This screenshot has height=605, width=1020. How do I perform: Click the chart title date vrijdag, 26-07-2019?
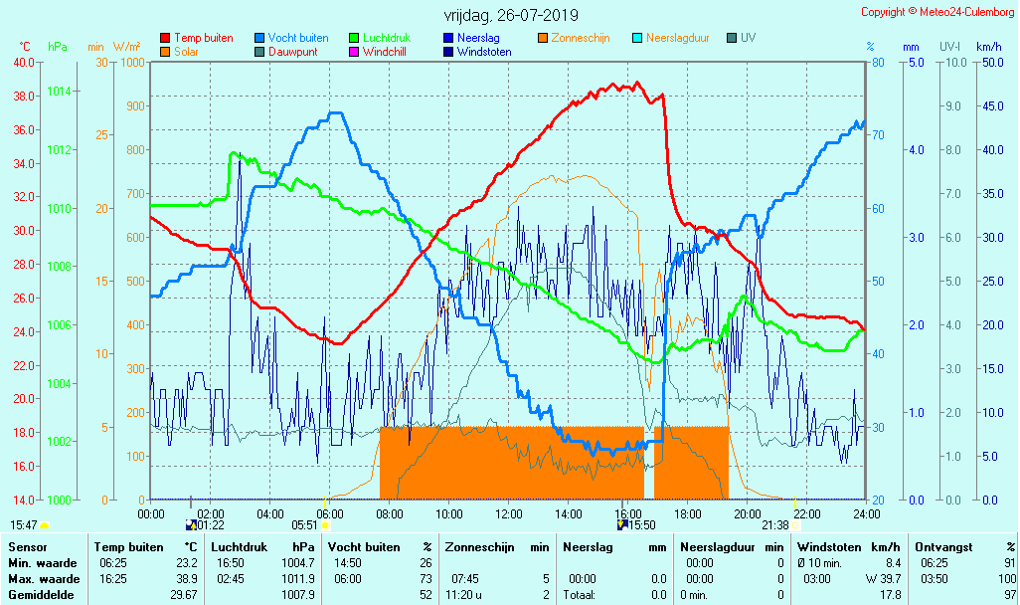511,16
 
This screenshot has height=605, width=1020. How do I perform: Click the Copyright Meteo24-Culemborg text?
937,12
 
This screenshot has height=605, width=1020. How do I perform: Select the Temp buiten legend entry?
203,38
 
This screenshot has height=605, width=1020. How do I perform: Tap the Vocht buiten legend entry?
298,38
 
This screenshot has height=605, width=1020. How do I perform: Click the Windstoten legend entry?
484,52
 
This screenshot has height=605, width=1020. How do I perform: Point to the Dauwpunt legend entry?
295,52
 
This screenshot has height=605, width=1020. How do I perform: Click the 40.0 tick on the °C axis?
22,63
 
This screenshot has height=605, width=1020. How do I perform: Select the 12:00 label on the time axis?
509,513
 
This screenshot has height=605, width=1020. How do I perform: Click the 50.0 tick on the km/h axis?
989,63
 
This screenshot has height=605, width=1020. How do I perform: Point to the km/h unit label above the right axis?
988,47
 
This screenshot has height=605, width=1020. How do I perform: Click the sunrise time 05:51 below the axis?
304,524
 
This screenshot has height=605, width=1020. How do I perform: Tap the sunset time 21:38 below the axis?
775,524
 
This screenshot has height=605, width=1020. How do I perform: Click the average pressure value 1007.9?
299,595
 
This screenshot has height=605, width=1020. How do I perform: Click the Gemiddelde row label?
37,595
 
